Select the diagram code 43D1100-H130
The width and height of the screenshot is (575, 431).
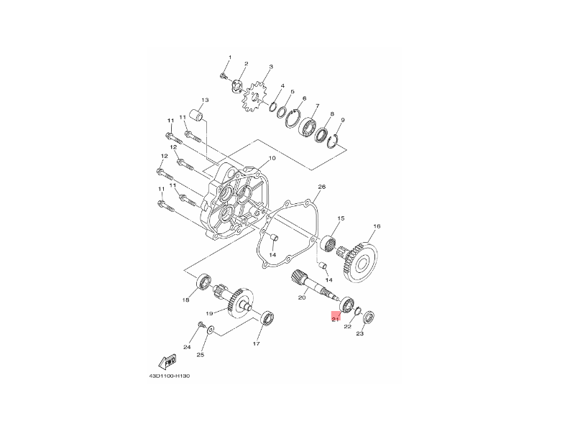[170, 376]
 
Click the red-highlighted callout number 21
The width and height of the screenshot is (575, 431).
[335, 319]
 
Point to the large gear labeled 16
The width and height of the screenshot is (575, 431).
[362, 262]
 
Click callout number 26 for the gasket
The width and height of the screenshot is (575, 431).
[321, 187]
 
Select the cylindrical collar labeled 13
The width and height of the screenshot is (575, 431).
[197, 115]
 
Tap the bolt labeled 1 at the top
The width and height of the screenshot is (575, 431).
[223, 76]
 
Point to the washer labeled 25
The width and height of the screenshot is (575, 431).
[211, 330]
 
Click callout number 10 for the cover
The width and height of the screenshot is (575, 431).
[272, 158]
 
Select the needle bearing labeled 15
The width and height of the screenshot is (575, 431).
[328, 244]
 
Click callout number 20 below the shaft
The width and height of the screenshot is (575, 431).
[302, 297]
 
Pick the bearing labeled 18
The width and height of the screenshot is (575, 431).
[203, 282]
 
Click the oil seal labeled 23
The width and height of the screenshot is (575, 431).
[369, 317]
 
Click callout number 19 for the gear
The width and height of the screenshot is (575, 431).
[209, 313]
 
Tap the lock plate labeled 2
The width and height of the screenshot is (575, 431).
[238, 85]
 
